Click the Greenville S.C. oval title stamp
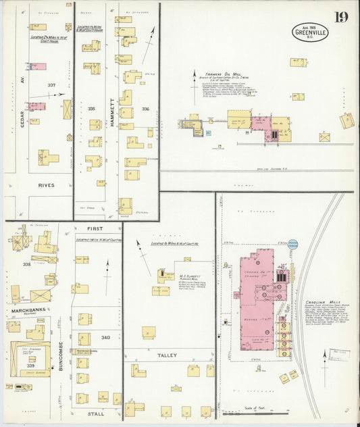[310, 32]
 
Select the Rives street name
[46, 184]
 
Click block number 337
[51, 85]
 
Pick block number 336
[145, 108]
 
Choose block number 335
[91, 108]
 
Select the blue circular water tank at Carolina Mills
[292, 244]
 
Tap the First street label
[97, 229]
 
